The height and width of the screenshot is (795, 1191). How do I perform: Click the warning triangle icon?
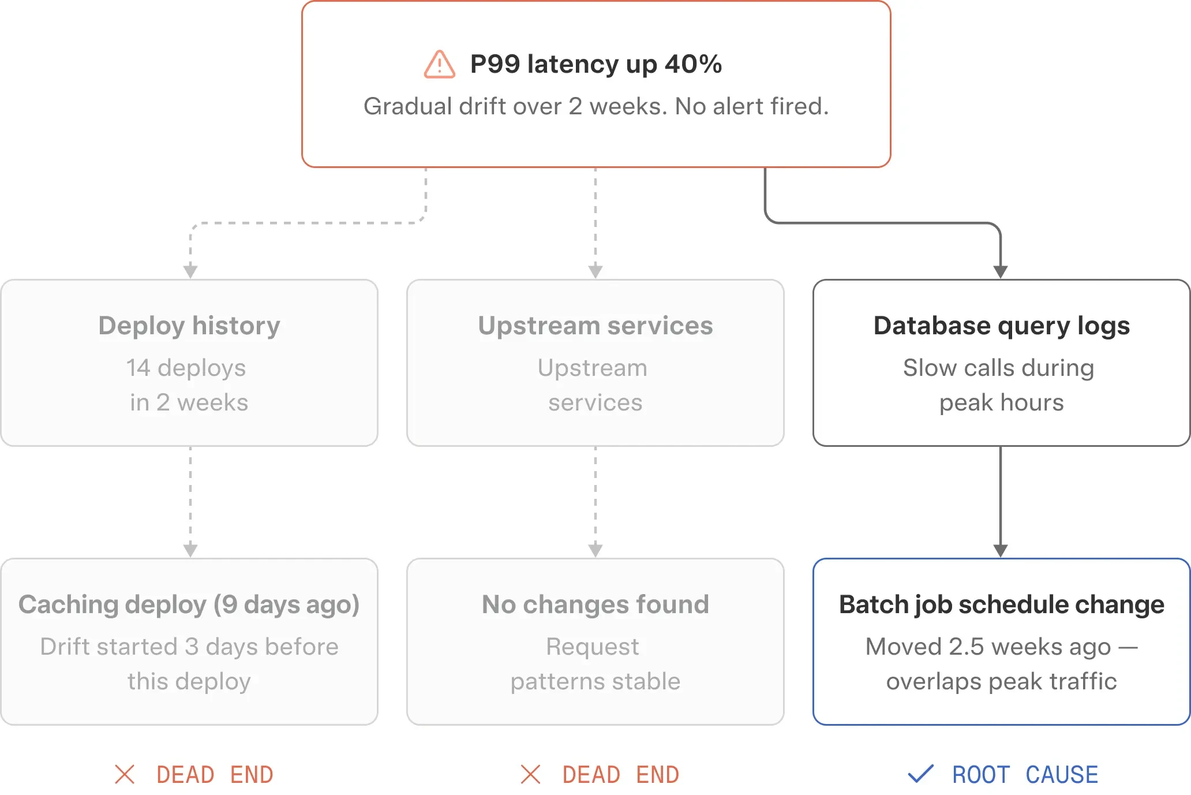coord(440,64)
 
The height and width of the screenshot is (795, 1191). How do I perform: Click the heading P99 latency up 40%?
coord(596,64)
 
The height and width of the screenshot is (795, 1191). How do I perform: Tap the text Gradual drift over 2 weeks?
coord(516,106)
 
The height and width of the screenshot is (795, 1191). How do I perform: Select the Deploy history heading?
coord(189,326)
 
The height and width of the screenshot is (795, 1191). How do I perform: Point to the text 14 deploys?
coord(186,368)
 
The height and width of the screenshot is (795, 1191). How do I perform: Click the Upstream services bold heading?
coord(595,326)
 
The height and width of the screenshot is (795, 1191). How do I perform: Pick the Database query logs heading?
coord(1002,326)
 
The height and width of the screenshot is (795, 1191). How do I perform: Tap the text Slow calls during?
coord(999,368)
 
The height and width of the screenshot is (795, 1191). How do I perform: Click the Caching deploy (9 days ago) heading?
coord(189,604)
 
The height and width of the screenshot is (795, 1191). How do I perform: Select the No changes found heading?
coord(595,604)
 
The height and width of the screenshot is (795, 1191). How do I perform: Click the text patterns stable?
coord(595,681)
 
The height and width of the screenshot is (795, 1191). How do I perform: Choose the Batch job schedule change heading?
coord(1002,604)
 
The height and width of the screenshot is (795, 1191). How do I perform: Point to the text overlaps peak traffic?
coord(1002,681)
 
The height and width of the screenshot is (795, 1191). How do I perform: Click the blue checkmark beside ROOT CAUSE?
coord(920,774)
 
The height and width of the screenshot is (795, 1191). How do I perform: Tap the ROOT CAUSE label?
coord(1025,775)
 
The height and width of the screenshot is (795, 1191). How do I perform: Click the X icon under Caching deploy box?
coord(125,774)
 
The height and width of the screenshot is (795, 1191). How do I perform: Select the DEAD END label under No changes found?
coord(621,775)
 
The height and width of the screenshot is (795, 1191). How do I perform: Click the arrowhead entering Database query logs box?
coord(1001,272)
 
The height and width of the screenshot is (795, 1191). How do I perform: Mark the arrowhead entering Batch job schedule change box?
coord(1001,551)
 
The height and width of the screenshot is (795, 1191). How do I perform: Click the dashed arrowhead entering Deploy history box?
coord(190,272)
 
